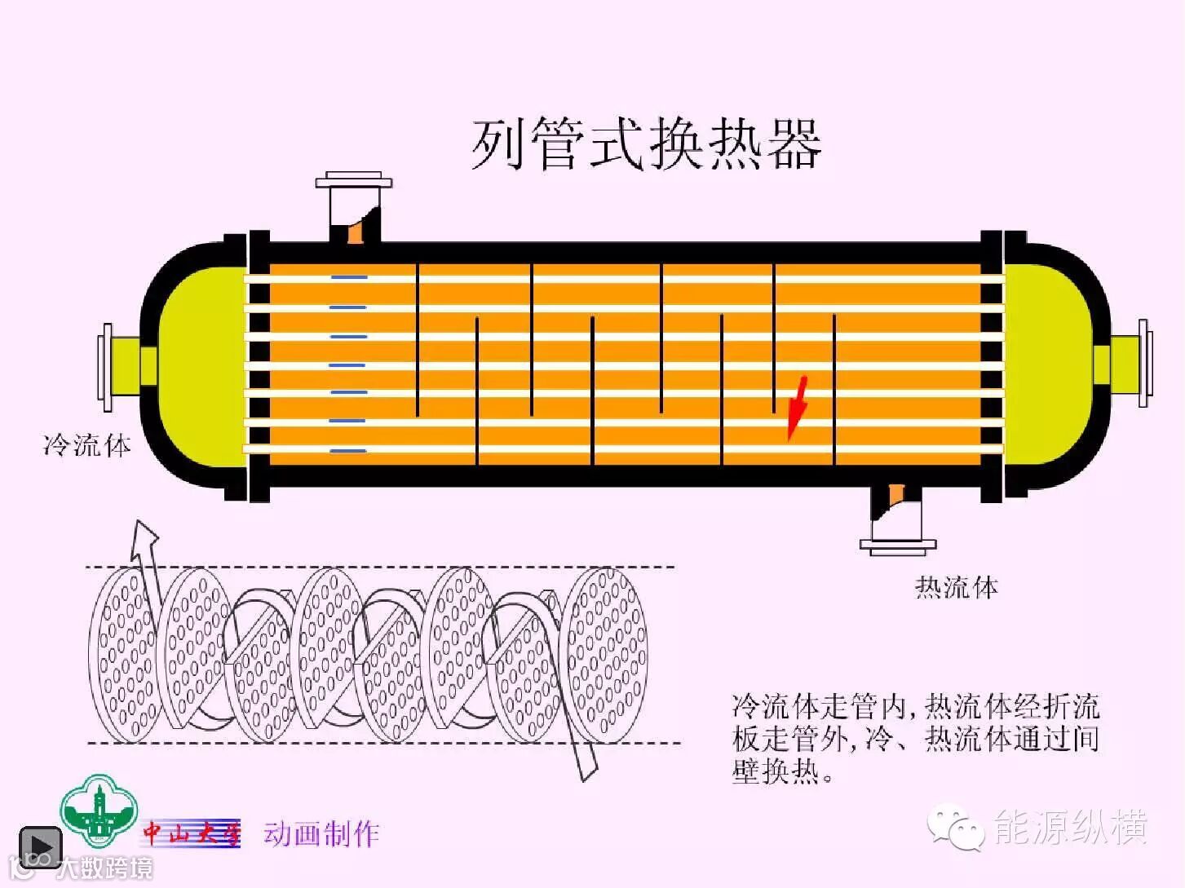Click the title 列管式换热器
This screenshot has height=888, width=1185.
click(646, 144)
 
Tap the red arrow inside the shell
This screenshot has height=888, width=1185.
click(797, 408)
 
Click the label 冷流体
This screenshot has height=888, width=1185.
click(87, 445)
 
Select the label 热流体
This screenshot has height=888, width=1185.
click(956, 587)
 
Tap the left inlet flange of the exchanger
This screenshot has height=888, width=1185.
click(106, 366)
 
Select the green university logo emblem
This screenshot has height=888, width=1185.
click(99, 811)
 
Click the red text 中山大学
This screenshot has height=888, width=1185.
click(192, 833)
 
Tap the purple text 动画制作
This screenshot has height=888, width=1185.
click(321, 833)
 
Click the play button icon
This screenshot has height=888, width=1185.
click(40, 848)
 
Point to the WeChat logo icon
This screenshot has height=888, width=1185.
click(956, 827)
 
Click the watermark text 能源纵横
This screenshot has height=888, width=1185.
click(1070, 827)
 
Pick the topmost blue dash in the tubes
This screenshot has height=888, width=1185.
click(349, 278)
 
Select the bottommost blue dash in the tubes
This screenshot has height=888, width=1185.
click(349, 450)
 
